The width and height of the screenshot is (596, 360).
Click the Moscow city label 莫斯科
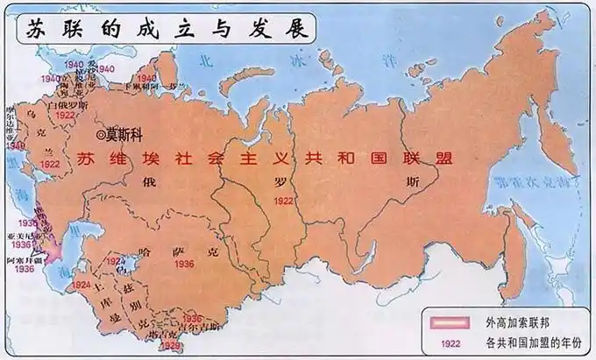tap(128, 134)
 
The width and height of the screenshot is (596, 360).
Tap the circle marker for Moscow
tap(101, 134)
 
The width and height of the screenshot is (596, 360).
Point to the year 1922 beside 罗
tap(283, 201)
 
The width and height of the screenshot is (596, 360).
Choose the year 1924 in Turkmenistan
tap(82, 285)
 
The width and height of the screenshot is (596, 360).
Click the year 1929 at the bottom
tap(171, 347)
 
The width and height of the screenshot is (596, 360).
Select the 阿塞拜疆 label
tap(20, 260)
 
